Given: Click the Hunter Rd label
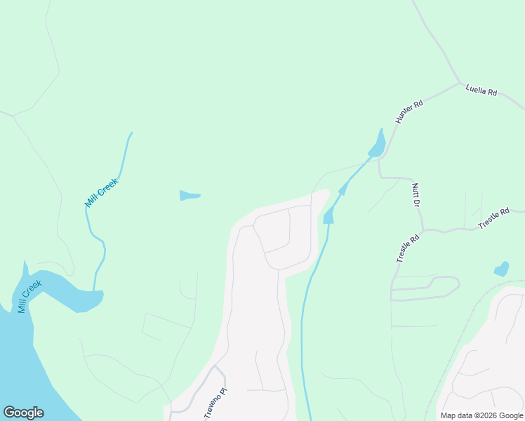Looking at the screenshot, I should click(x=409, y=112).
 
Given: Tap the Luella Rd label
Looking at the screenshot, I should click(x=481, y=91).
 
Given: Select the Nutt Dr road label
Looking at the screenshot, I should click(x=416, y=194).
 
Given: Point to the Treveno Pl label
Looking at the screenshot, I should click(x=215, y=403).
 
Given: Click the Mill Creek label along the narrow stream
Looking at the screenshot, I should click(x=102, y=192).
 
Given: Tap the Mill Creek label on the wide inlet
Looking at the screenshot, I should click(x=30, y=296).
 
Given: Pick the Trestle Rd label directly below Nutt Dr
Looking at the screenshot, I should click(x=407, y=248).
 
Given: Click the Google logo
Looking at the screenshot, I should click(x=23, y=413).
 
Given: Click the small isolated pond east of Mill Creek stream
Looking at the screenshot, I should click(x=189, y=195).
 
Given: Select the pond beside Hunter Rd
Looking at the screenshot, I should click(x=378, y=144).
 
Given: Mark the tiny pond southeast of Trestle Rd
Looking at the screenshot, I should click(x=501, y=269).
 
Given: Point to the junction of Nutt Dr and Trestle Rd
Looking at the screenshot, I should click(x=423, y=229).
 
